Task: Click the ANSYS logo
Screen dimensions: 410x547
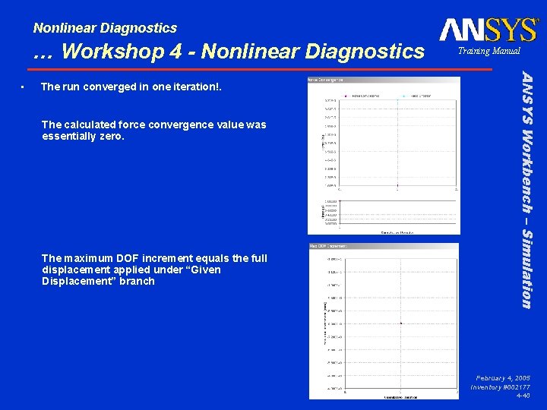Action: [488, 30]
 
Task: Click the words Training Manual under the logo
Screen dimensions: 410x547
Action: [489, 52]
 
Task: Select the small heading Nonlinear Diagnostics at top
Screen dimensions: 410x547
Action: [105, 28]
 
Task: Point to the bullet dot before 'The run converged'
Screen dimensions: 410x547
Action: [25, 87]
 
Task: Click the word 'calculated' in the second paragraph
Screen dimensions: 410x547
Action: [93, 125]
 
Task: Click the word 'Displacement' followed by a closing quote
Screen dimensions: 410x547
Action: [77, 281]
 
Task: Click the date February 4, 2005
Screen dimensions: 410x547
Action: [503, 377]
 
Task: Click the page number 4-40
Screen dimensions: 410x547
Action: [523, 396]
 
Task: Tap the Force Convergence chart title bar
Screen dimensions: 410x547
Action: [383, 79]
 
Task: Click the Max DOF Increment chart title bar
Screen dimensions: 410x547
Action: [383, 246]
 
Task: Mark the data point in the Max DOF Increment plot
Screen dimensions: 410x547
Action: [400, 323]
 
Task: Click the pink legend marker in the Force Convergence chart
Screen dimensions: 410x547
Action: [345, 96]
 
